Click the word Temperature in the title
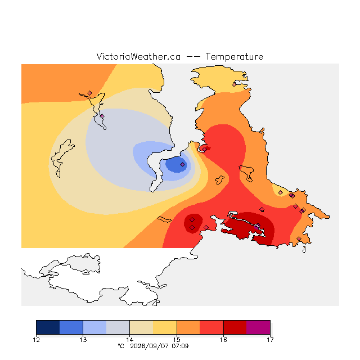click(234, 56)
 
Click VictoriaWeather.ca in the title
click(138, 56)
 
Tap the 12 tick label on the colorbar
click(36, 340)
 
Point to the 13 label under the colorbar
click(83, 340)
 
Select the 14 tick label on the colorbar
click(130, 340)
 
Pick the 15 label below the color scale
click(177, 340)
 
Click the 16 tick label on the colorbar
click(223, 340)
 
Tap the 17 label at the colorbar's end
click(270, 340)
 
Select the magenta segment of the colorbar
click(258, 327)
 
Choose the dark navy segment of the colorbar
click(48, 327)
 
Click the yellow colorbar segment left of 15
click(165, 327)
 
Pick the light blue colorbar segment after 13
click(95, 327)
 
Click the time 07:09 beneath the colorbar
click(180, 346)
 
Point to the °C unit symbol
click(121, 346)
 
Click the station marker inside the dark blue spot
click(182, 164)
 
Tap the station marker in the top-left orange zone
click(90, 93)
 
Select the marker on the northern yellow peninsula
click(234, 84)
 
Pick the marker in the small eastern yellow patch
click(280, 192)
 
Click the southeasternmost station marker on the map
click(299, 238)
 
